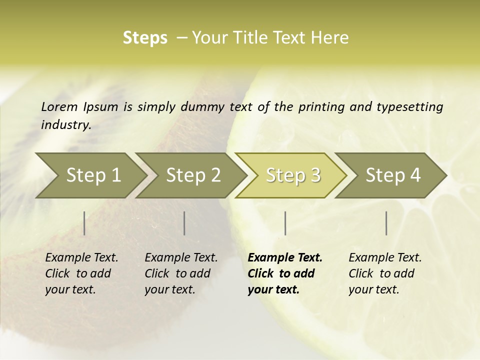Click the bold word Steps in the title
pyautogui.click(x=145, y=38)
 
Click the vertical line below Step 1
pyautogui.click(x=84, y=223)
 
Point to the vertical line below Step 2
pyautogui.click(x=184, y=223)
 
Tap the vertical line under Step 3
pyautogui.click(x=285, y=223)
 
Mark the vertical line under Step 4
pyautogui.click(x=386, y=223)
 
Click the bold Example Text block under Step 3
pyautogui.click(x=285, y=273)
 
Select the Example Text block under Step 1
pyautogui.click(x=81, y=273)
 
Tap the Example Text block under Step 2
pyautogui.click(x=181, y=273)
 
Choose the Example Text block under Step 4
pyautogui.click(x=385, y=273)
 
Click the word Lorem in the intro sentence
pyautogui.click(x=59, y=107)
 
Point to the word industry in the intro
pyautogui.click(x=66, y=125)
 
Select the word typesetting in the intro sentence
pyautogui.click(x=409, y=107)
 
